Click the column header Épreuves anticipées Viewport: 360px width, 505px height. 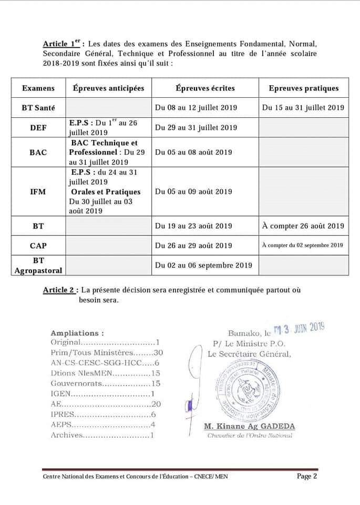point(108,88)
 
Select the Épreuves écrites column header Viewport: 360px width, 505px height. point(205,88)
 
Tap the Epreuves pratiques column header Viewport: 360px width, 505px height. point(303,88)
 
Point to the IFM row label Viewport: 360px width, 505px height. point(38,192)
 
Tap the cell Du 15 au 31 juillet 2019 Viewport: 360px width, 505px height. point(303,108)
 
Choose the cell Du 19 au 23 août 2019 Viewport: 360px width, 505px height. point(193,226)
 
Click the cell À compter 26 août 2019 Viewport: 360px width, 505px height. point(303,226)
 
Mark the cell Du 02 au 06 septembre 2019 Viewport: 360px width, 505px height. point(203,266)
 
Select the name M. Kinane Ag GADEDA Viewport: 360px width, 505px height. point(249,426)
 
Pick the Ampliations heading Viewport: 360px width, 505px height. point(77,333)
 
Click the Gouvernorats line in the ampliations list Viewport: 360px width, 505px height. point(105,384)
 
